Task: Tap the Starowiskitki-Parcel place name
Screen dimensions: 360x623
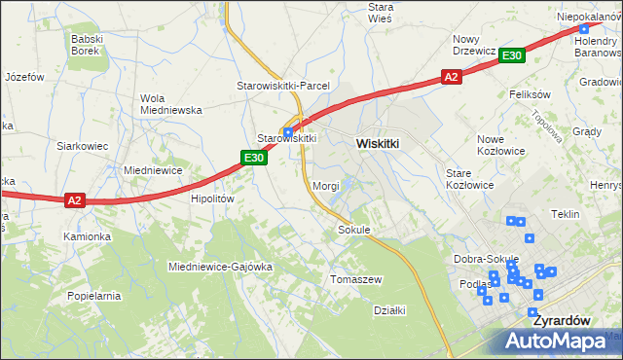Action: (x=283, y=86)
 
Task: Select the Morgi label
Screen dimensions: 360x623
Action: (x=325, y=185)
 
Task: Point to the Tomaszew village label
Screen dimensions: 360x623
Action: (x=356, y=278)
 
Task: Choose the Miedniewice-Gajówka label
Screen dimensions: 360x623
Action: (x=220, y=266)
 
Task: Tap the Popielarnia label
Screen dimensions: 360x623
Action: (x=94, y=294)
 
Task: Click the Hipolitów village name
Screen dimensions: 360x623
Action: (x=212, y=198)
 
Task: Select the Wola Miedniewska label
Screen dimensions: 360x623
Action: (x=170, y=104)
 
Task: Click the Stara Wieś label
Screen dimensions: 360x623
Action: (x=380, y=13)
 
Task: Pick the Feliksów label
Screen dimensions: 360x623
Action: (x=530, y=94)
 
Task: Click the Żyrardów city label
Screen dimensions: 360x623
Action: (x=559, y=318)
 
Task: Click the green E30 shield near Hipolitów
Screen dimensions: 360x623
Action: (x=254, y=158)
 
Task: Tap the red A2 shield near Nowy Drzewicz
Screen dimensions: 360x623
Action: (x=450, y=76)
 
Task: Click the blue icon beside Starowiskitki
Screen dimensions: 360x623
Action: (x=288, y=133)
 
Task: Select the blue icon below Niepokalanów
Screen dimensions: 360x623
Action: (x=583, y=29)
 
